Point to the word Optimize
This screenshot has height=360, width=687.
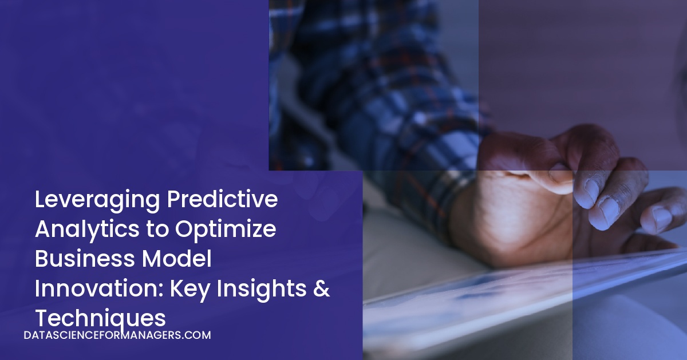(x=226, y=230)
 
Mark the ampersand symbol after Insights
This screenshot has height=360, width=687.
(x=322, y=288)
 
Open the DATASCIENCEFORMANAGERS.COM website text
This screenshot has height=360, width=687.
(x=117, y=335)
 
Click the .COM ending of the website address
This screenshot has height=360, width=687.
(x=198, y=335)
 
